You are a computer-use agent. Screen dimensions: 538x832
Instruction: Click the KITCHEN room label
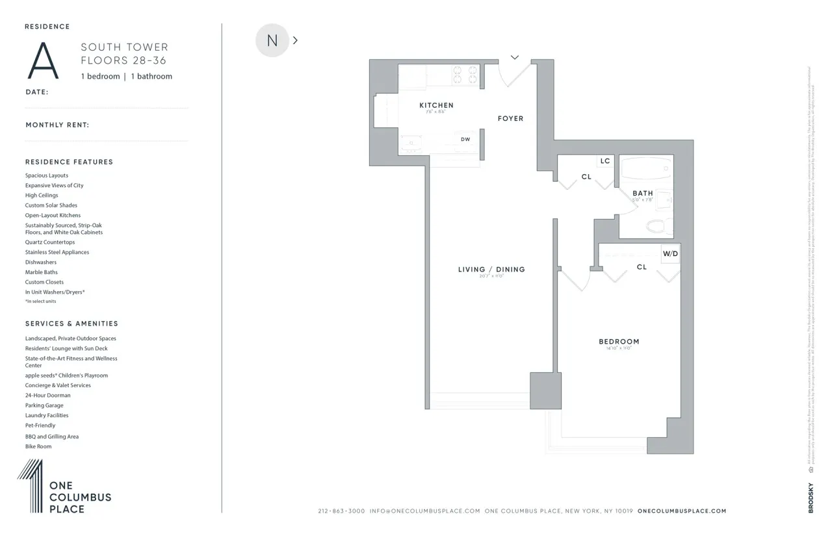coord(436,105)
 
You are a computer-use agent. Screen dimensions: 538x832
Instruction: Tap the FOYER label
coord(510,118)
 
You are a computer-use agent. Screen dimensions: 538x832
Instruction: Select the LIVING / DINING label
coord(491,270)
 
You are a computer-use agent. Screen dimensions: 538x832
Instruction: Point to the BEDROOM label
coord(619,342)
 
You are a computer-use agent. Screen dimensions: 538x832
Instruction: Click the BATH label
coord(643,193)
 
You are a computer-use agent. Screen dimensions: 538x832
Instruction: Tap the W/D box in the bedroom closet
coord(670,253)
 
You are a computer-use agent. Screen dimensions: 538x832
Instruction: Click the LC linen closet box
coord(605,161)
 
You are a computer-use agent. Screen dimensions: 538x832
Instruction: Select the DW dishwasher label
coord(465,139)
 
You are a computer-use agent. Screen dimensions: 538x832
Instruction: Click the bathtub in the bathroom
coord(646,170)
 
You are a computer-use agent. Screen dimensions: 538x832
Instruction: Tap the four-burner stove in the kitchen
coord(465,74)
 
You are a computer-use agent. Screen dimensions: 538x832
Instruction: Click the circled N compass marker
coord(272,40)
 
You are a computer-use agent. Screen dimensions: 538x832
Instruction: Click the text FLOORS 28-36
coord(123,61)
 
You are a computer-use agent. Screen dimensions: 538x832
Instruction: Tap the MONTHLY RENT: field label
coord(57,125)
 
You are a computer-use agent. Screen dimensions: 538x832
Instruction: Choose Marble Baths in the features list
coord(42,272)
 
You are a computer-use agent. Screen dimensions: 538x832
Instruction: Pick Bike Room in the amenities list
coord(38,446)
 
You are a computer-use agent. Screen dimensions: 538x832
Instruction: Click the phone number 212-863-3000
coord(341,511)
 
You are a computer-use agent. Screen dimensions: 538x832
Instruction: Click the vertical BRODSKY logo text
coord(811,498)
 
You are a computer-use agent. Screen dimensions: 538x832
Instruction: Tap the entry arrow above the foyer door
coord(515,58)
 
